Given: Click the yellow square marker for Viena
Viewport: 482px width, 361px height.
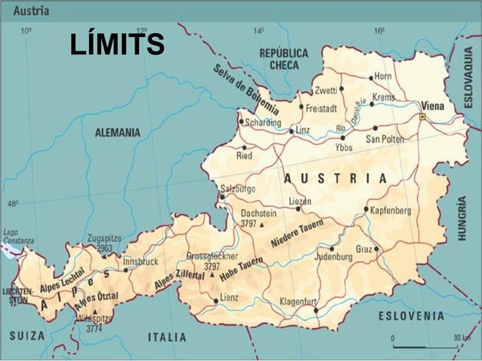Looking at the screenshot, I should tap(422, 117).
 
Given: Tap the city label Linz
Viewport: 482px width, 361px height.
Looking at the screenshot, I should tap(302, 130).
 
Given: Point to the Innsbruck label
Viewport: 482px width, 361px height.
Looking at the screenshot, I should tap(141, 261).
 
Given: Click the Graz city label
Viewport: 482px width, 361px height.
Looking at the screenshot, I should tap(364, 248).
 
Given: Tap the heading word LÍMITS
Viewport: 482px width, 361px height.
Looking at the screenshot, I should tap(117, 45).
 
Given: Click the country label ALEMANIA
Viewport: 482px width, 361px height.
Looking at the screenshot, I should tap(117, 132).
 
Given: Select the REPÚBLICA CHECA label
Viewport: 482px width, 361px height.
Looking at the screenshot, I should tap(283, 59).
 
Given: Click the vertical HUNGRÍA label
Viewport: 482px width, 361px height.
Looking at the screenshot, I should tap(462, 218).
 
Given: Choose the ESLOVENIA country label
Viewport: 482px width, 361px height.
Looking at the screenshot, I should tap(411, 315).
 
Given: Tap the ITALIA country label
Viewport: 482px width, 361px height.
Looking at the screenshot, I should tap(166, 337).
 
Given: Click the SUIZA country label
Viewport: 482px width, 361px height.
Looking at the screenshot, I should tap(27, 335).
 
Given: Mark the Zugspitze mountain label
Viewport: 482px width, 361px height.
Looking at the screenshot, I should tap(104, 238).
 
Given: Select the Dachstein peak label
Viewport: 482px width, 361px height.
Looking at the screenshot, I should tap(258, 214).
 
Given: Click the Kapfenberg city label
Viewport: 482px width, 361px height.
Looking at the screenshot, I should tap(391, 210).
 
